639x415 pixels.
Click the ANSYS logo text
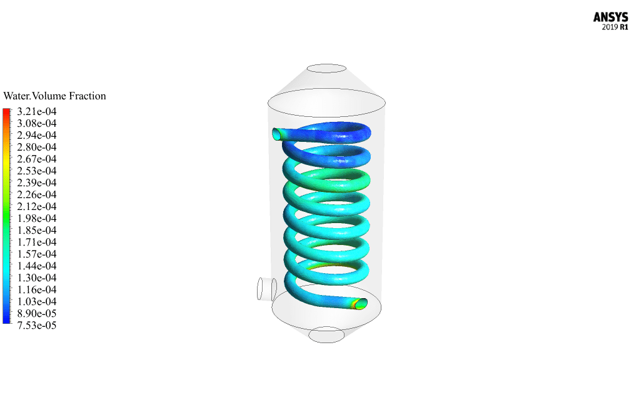(x=610, y=17)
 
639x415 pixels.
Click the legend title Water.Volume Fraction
(x=54, y=96)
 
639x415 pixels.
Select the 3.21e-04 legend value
(x=37, y=112)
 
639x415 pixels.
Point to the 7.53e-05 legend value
(x=37, y=326)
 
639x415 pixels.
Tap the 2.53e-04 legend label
(x=37, y=171)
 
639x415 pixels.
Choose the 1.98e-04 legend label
(x=37, y=218)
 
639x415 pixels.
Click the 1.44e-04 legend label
(x=37, y=266)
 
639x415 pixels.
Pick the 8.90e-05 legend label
(x=37, y=314)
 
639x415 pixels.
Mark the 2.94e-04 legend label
(x=37, y=135)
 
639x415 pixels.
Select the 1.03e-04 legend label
(x=37, y=302)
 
